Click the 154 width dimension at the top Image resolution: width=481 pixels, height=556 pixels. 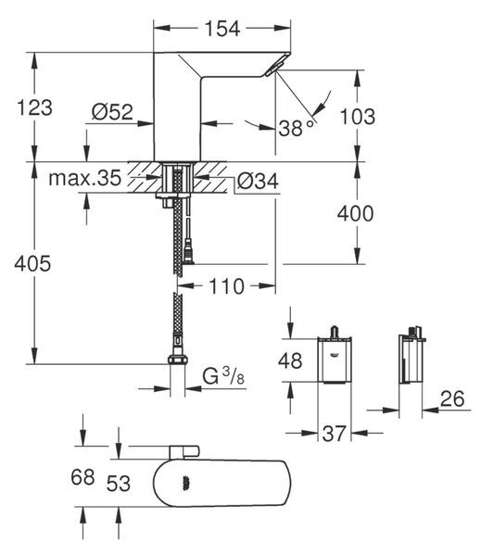click(222, 29)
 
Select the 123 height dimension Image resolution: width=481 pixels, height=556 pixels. click(34, 107)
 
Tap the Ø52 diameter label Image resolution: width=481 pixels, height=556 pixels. click(112, 112)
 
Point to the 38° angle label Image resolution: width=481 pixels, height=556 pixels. click(297, 127)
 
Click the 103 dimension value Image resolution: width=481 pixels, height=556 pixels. click(357, 117)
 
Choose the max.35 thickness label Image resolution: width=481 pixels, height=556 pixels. click(84, 178)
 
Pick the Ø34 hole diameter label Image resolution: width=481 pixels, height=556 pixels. click(258, 182)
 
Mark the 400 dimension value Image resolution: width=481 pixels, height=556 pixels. click(355, 213)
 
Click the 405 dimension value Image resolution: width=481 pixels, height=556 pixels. click(32, 264)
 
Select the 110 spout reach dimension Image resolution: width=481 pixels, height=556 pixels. click(227, 286)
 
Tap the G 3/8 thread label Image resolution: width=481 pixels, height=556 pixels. click(223, 376)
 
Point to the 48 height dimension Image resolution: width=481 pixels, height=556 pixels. click(290, 360)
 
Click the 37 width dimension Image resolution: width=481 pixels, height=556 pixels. click(334, 434)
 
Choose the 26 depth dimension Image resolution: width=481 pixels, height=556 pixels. click(452, 398)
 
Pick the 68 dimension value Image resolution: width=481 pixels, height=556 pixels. click(82, 477)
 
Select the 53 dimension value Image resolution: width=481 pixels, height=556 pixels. click(119, 484)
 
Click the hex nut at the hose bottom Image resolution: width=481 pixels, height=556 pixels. click(177, 359)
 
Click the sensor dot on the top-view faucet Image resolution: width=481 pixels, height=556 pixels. click(186, 484)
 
